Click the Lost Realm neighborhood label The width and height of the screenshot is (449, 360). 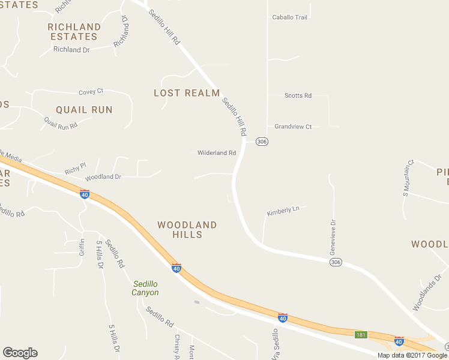tap(187, 93)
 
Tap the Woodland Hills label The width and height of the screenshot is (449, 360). tap(187, 229)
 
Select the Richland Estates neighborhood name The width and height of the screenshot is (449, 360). tap(74, 32)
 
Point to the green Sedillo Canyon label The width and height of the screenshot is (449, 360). tap(146, 288)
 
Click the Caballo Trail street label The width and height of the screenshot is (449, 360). tap(289, 17)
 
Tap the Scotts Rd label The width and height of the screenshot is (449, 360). tap(298, 95)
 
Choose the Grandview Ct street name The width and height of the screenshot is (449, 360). tap(293, 127)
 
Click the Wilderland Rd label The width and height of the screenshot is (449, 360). tap(217, 153)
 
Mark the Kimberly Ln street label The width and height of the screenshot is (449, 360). tap(283, 211)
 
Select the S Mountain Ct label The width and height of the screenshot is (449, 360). tap(408, 178)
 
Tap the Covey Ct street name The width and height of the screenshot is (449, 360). tap(91, 92)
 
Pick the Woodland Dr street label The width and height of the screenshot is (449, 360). tap(103, 177)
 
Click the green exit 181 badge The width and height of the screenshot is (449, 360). tap(361, 335)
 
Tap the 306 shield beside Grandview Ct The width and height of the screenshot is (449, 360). tap(261, 141)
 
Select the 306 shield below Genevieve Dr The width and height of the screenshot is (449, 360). tap(336, 263)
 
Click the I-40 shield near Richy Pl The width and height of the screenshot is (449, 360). tap(85, 194)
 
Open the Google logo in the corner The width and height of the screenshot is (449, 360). tap(20, 353)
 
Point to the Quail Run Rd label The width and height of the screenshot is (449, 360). tap(61, 123)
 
